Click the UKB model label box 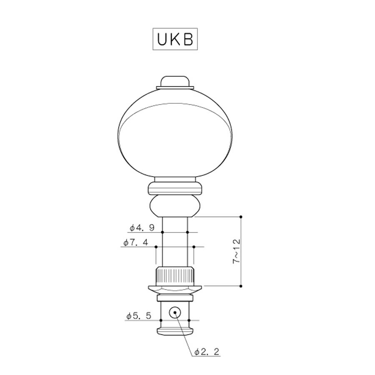click(175, 39)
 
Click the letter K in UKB click(175, 39)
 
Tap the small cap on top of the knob click(175, 81)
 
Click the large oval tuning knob click(175, 133)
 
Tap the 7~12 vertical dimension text click(236, 251)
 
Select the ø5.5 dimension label click(139, 316)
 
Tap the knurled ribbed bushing click(175, 275)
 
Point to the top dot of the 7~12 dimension click(241, 217)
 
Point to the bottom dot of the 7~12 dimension click(241, 286)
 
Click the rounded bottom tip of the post click(175, 332)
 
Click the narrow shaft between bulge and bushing click(175, 242)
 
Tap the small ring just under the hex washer click(175, 298)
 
